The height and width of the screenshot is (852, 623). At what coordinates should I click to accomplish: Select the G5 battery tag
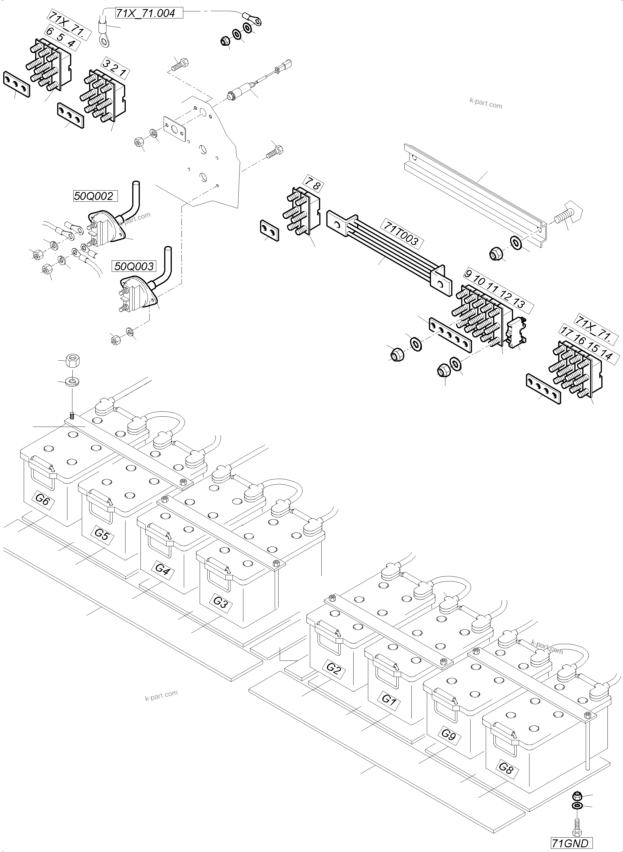click(101, 534)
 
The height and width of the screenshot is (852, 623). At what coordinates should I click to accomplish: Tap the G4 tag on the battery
click(162, 569)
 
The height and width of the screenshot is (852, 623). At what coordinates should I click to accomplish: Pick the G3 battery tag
click(220, 602)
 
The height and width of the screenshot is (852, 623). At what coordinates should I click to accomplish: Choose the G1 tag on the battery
click(389, 700)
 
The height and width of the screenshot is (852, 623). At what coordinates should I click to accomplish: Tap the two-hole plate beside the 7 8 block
click(269, 231)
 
